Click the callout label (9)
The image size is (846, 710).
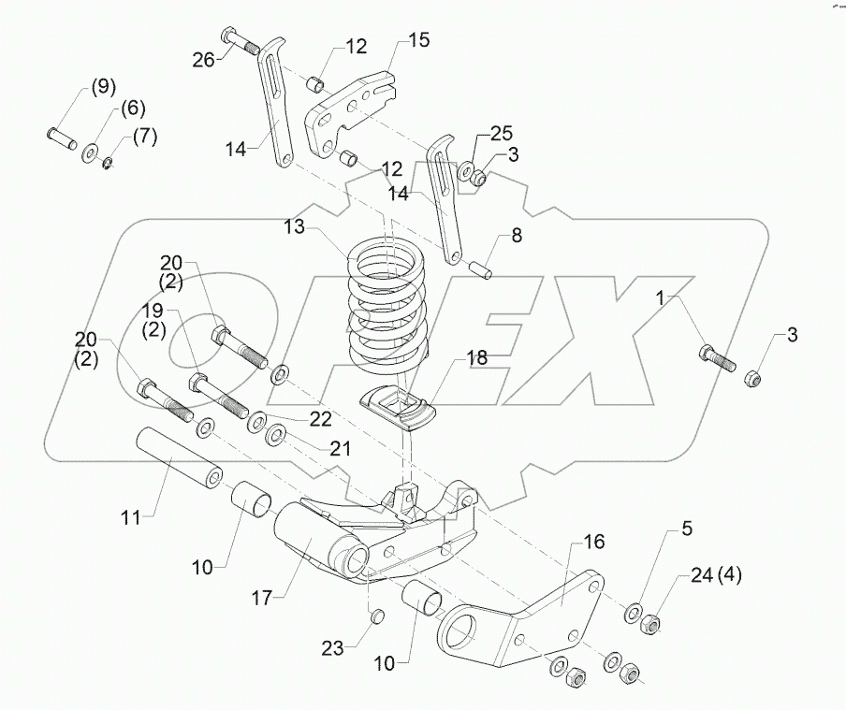(x=103, y=88)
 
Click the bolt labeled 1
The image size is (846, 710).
(x=717, y=360)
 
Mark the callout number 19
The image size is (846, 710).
(x=153, y=310)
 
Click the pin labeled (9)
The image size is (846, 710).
(x=65, y=138)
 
